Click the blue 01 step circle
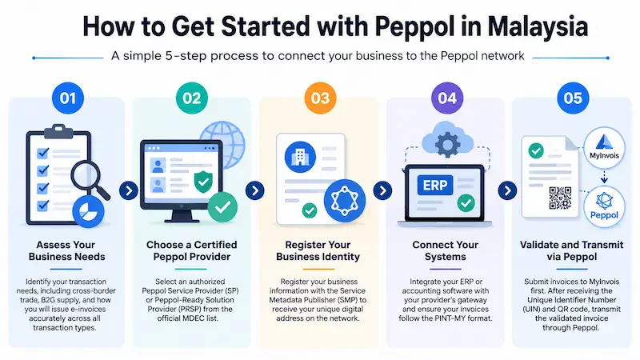tap(68, 98)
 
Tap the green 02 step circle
tap(192, 98)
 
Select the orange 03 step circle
tap(321, 98)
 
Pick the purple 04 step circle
tap(447, 98)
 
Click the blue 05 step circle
tap(573, 98)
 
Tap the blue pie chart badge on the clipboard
tap(88, 211)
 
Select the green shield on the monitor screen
tap(203, 182)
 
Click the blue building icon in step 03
tap(300, 157)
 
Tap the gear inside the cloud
tap(448, 144)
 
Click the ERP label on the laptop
tap(435, 186)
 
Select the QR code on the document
tap(560, 198)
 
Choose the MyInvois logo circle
tap(604, 147)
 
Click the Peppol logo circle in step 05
tap(604, 207)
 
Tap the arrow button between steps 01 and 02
tap(129, 190)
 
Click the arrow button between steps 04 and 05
tap(508, 190)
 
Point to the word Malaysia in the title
tap(538, 27)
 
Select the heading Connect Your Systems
tap(446, 250)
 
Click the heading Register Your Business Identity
tap(318, 250)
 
